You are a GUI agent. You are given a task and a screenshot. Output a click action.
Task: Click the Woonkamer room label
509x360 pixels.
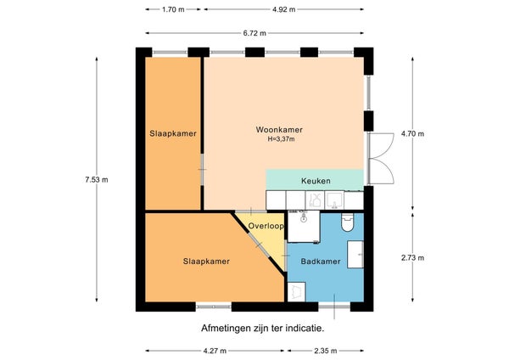pos(279,130)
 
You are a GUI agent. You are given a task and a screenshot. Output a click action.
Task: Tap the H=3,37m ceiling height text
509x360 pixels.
pos(281,139)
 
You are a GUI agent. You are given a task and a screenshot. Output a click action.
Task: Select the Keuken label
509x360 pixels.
pos(316,181)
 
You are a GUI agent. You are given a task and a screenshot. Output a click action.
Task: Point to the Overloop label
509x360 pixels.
pos(266,226)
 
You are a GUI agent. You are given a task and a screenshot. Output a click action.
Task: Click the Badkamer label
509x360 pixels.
pos(321,262)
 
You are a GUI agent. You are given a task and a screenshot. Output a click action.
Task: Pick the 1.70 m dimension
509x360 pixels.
pos(173,9)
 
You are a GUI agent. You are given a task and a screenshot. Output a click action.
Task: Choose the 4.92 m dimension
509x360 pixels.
pos(283,9)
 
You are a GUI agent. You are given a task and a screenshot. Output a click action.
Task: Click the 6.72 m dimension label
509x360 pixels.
pos(255,33)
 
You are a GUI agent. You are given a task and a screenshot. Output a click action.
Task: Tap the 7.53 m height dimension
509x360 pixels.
pos(97,180)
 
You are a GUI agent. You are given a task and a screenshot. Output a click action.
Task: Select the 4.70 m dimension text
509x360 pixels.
pos(412,133)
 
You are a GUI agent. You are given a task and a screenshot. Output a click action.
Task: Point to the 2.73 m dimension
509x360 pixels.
pos(412,258)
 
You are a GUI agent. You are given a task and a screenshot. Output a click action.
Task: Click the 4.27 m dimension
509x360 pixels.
pos(215,351)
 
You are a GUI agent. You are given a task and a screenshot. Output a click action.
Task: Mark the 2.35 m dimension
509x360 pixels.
pos(325,351)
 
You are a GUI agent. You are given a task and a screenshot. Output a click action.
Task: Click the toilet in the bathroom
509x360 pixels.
pos(347,222)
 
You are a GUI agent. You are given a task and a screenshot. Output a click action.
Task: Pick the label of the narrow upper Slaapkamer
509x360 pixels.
pos(173,133)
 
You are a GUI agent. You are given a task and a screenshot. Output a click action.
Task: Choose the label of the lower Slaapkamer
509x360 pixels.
pos(206,262)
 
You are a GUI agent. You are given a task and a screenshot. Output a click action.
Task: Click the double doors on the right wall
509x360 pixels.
pos(380,159)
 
